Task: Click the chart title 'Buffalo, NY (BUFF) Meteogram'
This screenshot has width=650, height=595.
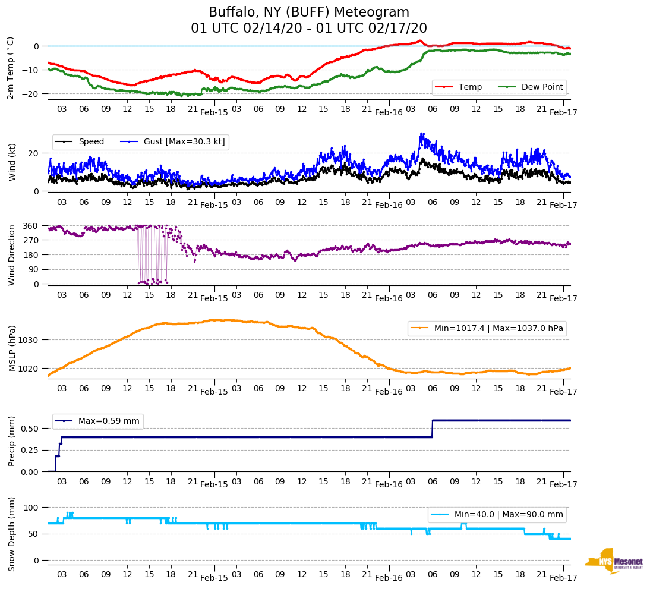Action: pyautogui.click(x=308, y=12)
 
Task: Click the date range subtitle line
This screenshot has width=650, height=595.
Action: pyautogui.click(x=308, y=29)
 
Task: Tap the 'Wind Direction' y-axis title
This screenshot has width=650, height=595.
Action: pyautogui.click(x=11, y=255)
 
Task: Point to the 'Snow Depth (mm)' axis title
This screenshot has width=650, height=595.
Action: pyautogui.click(x=11, y=534)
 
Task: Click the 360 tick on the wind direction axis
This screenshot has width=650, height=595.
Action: pyautogui.click(x=31, y=226)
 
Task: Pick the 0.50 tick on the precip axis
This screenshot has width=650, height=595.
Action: pyautogui.click(x=30, y=429)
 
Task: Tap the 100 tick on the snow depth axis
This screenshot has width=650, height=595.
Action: pyautogui.click(x=31, y=508)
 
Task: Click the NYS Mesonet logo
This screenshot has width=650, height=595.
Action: pyautogui.click(x=614, y=561)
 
